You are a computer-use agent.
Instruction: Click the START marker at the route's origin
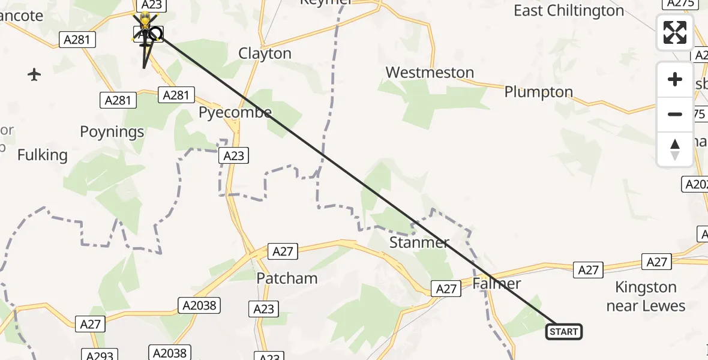click(x=563, y=331)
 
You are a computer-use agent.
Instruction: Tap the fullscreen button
click(x=675, y=32)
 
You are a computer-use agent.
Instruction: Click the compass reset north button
click(x=675, y=149)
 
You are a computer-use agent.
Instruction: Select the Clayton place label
click(x=265, y=53)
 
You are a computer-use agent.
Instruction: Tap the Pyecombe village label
click(x=235, y=112)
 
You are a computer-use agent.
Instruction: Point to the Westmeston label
click(x=430, y=73)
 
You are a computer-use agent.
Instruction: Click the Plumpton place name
click(x=539, y=92)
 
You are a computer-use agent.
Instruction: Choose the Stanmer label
click(x=419, y=242)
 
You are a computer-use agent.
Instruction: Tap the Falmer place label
click(x=496, y=283)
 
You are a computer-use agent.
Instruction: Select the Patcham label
click(x=287, y=278)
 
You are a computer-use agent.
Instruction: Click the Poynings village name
click(x=112, y=132)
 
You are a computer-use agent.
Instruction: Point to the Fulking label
click(x=43, y=155)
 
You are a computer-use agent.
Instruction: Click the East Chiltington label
click(x=569, y=11)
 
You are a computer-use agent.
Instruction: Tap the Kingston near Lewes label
click(x=646, y=296)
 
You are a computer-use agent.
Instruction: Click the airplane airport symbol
click(x=34, y=75)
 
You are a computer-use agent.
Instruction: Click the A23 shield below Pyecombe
click(x=233, y=156)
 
